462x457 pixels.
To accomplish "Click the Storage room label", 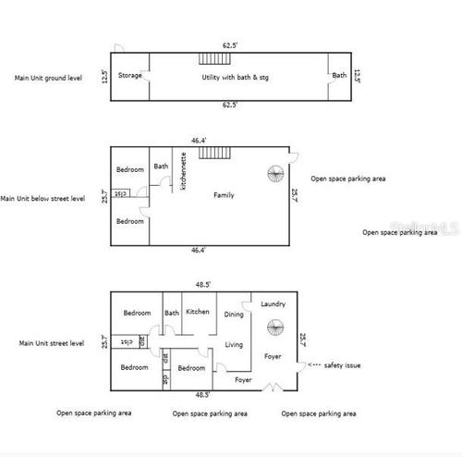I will pos(130,75).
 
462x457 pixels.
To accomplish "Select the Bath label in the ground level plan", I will pos(340,75).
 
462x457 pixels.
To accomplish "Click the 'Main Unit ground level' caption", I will pos(49,78).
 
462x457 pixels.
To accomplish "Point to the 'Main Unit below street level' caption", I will pos(43,197).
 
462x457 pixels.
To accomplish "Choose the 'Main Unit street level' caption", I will pos(52,343).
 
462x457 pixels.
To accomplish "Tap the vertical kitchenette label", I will pos(184,171).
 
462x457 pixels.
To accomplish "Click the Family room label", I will pos(224,195).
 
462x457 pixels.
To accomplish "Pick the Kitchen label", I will pos(199,312).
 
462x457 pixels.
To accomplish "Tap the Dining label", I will pos(235,315).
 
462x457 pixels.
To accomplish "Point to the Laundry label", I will pos(274,303).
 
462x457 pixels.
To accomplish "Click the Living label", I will pos(235,345).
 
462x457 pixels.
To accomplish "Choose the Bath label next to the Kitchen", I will pos(172,313).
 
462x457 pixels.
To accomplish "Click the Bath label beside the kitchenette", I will pos(162,167).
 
